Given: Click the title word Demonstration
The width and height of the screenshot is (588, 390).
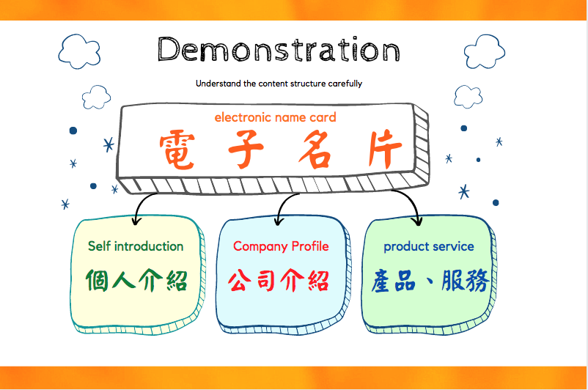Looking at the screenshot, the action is point(279,49).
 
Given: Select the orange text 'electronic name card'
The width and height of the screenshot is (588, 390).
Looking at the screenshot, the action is point(275,117).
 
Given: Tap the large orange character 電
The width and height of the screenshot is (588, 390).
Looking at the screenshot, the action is point(177,150).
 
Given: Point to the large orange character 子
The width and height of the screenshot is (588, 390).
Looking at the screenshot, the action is point(246,150).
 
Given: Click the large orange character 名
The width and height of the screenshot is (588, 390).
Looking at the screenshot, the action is point(315,150).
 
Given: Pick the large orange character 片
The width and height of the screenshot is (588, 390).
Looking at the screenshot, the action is point(385,150).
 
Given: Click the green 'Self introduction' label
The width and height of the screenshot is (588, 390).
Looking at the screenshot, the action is point(136,246).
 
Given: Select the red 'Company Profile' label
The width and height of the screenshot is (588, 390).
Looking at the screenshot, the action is point(281,246).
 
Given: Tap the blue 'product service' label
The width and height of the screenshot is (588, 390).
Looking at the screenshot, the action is point(429,247).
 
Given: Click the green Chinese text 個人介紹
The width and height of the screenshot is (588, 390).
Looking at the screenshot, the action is point(136,280).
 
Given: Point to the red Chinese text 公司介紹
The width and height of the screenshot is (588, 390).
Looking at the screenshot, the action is point(279,280).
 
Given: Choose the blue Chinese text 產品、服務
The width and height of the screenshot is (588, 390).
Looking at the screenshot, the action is point(430,280).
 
